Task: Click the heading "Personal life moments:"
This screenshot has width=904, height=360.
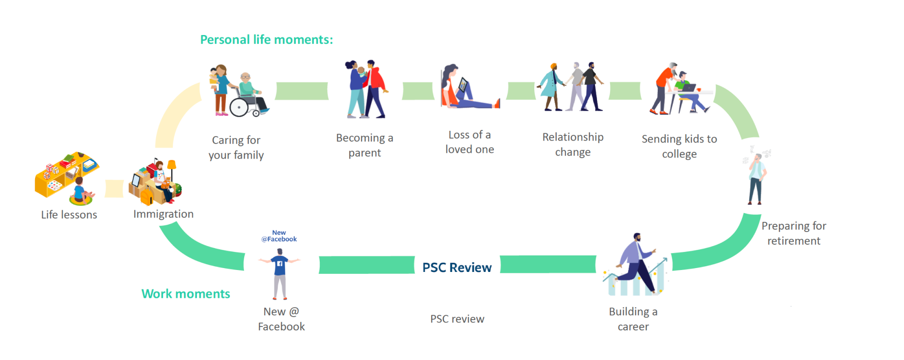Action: click(267, 40)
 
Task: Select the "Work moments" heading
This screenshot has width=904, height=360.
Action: click(185, 294)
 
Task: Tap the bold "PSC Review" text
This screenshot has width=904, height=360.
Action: click(457, 268)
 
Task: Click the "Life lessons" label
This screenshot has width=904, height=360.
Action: click(69, 215)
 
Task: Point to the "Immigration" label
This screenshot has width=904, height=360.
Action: click(163, 214)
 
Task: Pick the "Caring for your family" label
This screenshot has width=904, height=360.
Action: click(236, 147)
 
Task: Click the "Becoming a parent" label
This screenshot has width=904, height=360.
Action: click(364, 145)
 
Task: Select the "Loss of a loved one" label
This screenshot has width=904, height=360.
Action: click(470, 142)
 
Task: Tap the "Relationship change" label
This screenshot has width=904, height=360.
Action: click(573, 144)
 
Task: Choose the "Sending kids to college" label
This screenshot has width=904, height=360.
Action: click(679, 146)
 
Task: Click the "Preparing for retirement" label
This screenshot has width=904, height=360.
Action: click(794, 233)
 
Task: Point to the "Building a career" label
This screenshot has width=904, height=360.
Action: click(633, 319)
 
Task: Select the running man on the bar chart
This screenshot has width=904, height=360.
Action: click(635, 263)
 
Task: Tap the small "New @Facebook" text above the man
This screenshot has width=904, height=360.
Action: click(279, 236)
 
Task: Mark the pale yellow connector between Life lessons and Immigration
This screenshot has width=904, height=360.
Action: click(114, 189)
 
